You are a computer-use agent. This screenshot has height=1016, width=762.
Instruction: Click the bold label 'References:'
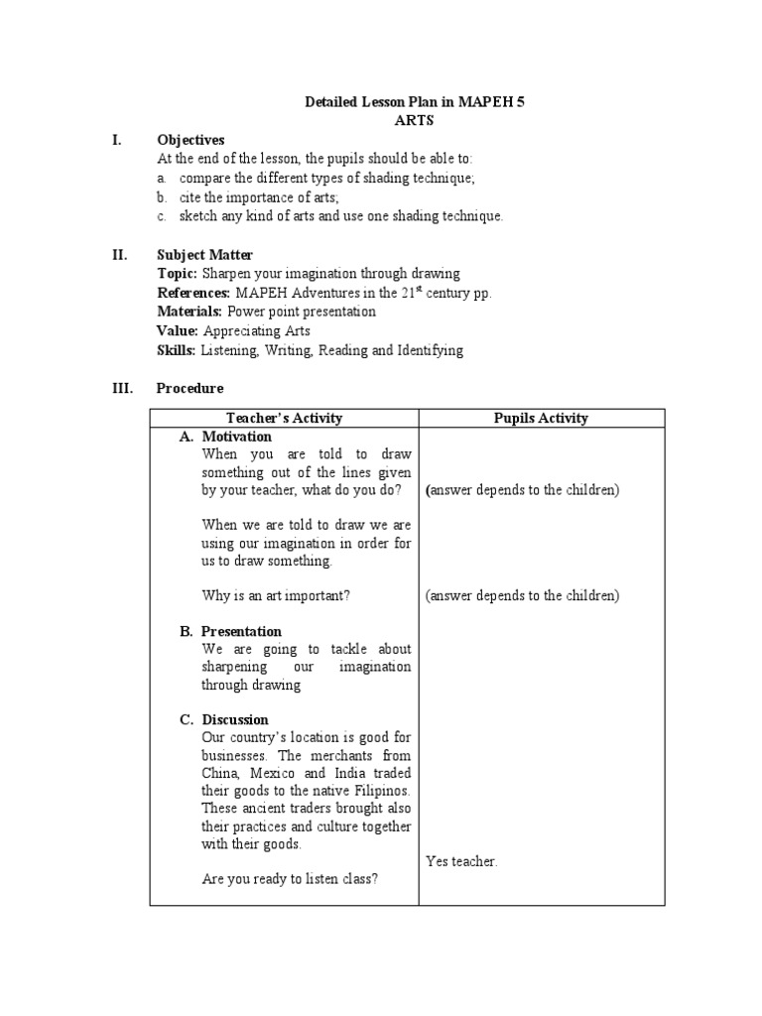click(193, 293)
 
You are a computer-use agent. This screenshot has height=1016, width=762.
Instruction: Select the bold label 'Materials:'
click(190, 312)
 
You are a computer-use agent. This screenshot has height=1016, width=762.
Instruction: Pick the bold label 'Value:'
click(178, 330)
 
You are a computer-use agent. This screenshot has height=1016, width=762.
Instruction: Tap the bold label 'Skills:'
click(178, 350)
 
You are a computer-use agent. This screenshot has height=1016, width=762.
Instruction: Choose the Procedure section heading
click(190, 388)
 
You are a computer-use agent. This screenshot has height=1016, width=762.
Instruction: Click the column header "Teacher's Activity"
click(284, 418)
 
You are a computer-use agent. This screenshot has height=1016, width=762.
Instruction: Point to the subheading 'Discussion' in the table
click(235, 719)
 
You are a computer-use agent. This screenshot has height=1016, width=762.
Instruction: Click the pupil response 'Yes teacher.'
click(461, 861)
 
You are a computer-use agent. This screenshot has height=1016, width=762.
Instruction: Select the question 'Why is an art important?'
click(275, 595)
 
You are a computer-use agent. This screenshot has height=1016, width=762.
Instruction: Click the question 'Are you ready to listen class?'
click(289, 879)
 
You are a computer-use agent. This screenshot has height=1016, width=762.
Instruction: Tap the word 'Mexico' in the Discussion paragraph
click(271, 773)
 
